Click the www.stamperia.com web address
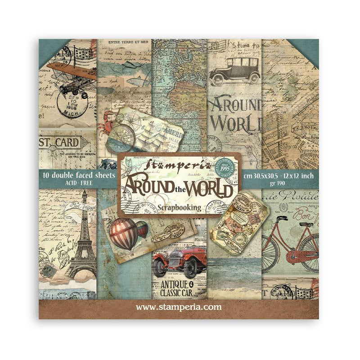179,307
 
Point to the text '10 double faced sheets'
74,175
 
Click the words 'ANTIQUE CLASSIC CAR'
178,288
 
